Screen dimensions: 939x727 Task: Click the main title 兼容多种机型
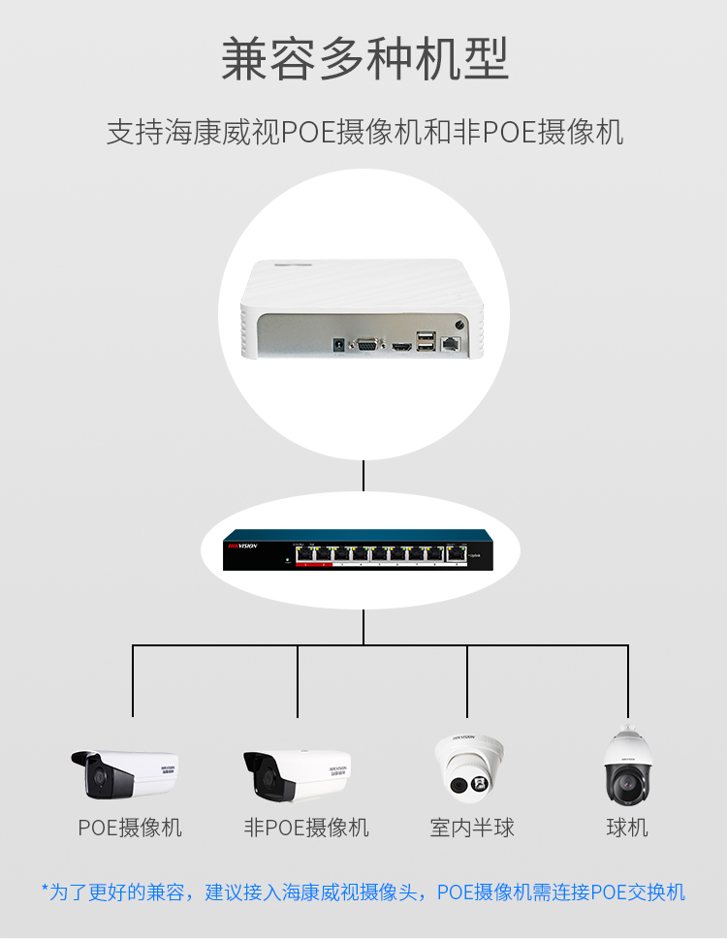(x=363, y=59)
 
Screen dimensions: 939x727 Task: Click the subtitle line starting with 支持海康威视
(x=363, y=132)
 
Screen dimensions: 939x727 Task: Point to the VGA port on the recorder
(x=367, y=344)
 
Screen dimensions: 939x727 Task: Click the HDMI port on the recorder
(x=400, y=345)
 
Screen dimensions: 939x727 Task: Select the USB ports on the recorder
(x=426, y=340)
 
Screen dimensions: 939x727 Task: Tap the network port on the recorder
(x=451, y=343)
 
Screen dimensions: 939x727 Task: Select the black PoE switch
(x=358, y=550)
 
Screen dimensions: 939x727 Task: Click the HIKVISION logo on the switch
(x=242, y=548)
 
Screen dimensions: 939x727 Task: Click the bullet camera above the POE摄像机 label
(x=126, y=773)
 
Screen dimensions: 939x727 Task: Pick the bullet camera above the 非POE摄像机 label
(x=297, y=773)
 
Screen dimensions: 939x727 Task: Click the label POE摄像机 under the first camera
(x=130, y=828)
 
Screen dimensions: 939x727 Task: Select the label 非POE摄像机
(x=306, y=828)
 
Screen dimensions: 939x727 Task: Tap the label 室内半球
(x=472, y=828)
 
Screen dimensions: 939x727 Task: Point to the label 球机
(x=627, y=828)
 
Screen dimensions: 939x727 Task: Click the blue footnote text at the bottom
(x=363, y=892)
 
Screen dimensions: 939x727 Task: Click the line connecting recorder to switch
(x=363, y=476)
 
